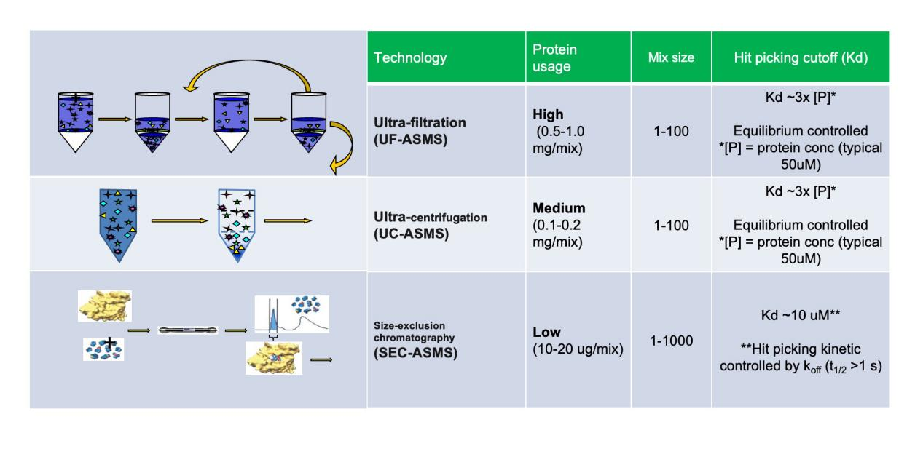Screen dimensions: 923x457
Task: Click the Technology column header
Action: point(410,57)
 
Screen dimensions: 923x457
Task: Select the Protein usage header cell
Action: point(554,57)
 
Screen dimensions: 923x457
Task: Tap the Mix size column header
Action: point(671,57)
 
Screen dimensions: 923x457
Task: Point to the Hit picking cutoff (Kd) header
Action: point(801,57)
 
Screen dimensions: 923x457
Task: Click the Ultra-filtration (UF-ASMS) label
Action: point(420,131)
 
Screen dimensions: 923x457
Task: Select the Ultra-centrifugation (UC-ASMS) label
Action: point(431,225)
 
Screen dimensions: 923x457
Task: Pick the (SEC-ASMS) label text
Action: point(415,353)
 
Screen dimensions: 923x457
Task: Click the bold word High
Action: point(548,114)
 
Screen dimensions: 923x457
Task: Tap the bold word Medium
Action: point(559,208)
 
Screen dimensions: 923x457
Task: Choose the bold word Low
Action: point(546,332)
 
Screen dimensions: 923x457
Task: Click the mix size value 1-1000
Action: point(671,341)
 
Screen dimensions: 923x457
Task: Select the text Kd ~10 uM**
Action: point(801,315)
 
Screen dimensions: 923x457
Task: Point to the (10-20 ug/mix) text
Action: point(578,349)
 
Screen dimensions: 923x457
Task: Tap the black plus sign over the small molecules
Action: point(109,342)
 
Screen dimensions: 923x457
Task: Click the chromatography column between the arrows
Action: point(188,330)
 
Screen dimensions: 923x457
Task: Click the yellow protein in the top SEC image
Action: point(105,306)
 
